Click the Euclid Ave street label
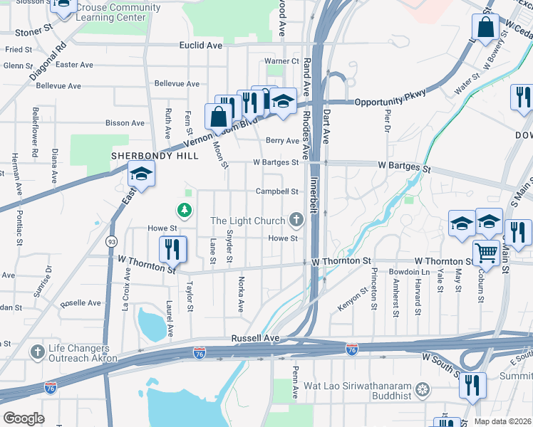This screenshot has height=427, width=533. pos(200,45)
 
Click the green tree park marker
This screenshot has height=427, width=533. pos(185,210)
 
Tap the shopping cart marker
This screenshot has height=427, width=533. pos(486,252)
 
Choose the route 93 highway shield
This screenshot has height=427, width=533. pos(111,242)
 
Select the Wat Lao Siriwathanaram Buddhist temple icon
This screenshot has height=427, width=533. pos(423,389)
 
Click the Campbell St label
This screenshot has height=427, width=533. pos(276,191)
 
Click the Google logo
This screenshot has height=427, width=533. pos(24,418)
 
